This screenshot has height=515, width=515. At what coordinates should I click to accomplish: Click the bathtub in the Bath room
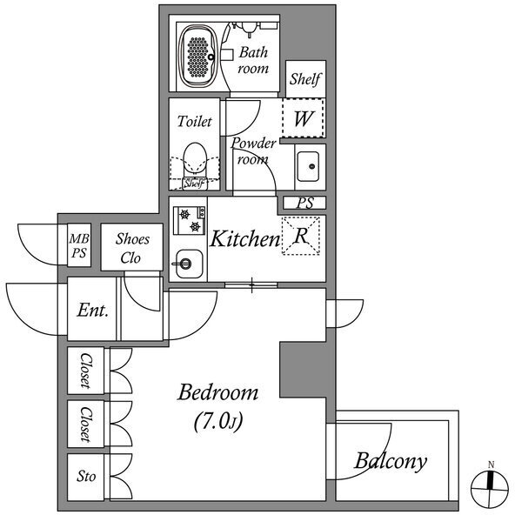(x=197, y=57)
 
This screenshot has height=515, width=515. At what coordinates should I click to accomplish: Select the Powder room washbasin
(x=308, y=166)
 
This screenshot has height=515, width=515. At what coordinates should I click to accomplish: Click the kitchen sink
(x=188, y=264)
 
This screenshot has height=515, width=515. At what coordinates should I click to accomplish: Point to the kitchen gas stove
(x=189, y=220)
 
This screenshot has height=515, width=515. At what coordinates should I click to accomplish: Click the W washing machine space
(x=303, y=118)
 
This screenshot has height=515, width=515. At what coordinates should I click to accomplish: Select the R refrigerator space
(x=300, y=236)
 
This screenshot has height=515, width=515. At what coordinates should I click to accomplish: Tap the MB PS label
(x=79, y=245)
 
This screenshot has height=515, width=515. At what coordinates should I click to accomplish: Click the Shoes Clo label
(x=132, y=248)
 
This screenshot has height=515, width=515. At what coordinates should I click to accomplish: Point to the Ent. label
(x=92, y=310)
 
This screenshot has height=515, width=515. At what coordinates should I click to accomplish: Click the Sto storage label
(x=86, y=476)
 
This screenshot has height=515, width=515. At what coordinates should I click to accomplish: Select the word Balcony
(x=391, y=461)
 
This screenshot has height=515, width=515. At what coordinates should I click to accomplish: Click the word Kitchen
(x=244, y=238)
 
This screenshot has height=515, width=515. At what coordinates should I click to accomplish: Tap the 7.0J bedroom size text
(x=218, y=421)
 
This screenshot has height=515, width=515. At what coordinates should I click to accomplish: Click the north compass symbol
(x=490, y=488)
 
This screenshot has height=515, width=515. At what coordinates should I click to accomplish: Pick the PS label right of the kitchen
(x=305, y=203)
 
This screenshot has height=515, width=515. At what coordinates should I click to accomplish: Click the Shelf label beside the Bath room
(x=305, y=79)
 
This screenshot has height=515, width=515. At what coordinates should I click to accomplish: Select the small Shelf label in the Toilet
(x=195, y=184)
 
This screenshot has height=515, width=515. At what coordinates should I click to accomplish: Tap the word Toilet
(x=195, y=121)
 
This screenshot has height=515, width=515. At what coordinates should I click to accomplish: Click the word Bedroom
(x=217, y=391)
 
